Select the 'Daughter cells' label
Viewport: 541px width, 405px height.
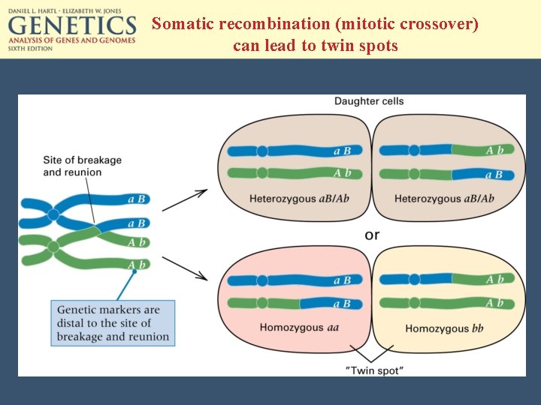[369, 101]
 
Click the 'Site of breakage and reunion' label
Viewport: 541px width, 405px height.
[82, 166]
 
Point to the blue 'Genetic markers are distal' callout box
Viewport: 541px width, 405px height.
[114, 323]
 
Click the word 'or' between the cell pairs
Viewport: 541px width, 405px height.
[372, 235]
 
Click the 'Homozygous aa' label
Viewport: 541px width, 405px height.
[294, 328]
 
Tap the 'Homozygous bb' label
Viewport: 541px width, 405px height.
[444, 328]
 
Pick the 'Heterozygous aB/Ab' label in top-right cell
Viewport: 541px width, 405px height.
[444, 199]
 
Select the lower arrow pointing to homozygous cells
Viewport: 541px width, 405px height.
[185, 268]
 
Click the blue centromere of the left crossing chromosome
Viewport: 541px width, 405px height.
[53, 215]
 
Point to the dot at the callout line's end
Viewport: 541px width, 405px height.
[134, 271]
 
